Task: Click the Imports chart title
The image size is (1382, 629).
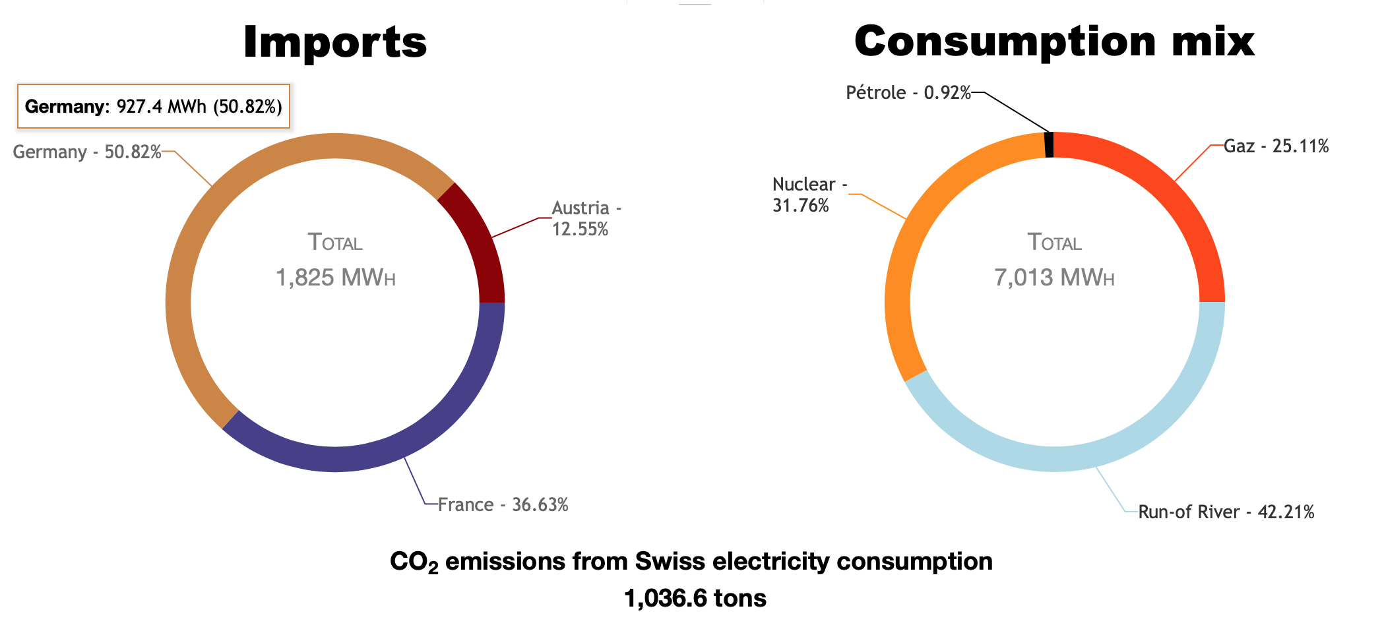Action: (335, 42)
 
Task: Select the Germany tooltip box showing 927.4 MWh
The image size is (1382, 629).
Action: (153, 106)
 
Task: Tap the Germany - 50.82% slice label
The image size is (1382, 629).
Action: (87, 152)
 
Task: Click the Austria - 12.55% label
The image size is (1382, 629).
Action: (585, 218)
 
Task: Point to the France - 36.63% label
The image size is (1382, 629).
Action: (503, 505)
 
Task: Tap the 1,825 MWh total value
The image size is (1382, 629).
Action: (335, 278)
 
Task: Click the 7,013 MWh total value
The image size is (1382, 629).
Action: (1054, 278)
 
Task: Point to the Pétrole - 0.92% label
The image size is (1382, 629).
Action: (908, 93)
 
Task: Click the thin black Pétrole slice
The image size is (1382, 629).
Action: (1049, 145)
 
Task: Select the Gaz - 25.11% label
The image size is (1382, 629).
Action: (1276, 146)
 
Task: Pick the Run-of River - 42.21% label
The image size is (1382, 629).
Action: (1226, 512)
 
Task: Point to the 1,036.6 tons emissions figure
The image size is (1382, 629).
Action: (695, 599)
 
